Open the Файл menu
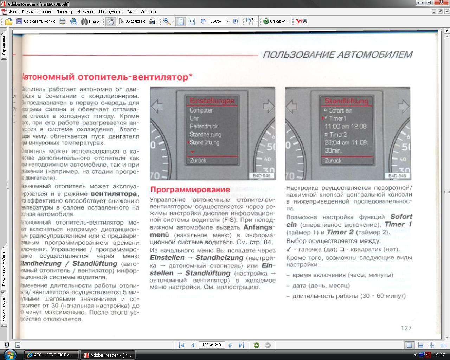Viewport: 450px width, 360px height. tap(13, 12)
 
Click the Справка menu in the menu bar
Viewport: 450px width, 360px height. tap(148, 12)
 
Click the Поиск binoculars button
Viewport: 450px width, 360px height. tap(91, 21)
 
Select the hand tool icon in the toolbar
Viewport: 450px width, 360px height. tap(110, 21)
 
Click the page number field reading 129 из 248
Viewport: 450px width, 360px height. tap(211, 345)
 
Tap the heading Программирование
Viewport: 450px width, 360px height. tap(190, 189)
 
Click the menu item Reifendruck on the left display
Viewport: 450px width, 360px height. tap(204, 126)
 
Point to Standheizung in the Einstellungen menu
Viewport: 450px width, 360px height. tap(205, 134)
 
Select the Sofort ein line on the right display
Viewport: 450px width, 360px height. tap(340, 110)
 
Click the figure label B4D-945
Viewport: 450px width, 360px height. tap(261, 176)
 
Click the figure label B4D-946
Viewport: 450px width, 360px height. tap(397, 176)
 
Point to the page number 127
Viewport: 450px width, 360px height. tap(406, 328)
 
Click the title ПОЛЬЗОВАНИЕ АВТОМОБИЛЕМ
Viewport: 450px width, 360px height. tap(337, 55)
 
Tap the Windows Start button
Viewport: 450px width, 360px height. tap(10, 355)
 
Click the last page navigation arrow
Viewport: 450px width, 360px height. tap(242, 345)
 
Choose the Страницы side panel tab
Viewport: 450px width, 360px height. tap(4, 46)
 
